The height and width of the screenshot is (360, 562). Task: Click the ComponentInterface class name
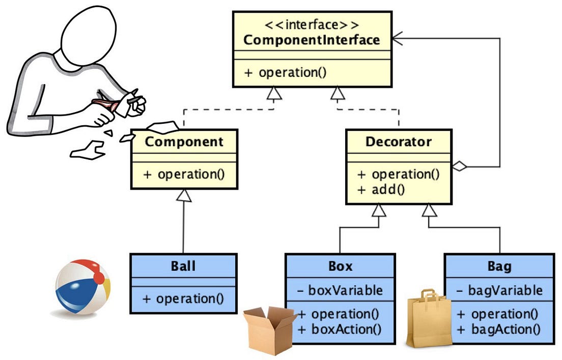tap(312, 40)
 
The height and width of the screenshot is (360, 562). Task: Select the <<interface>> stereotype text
tap(312, 24)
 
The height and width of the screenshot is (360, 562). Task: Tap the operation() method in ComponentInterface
tap(285, 72)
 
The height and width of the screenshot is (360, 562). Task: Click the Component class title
tap(184, 141)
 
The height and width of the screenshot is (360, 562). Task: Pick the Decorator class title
tap(399, 141)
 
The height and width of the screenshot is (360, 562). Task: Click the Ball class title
tap(183, 266)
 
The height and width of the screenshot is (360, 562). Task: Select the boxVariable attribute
tap(340, 290)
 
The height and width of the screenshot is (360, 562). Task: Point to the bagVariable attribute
tap(499, 290)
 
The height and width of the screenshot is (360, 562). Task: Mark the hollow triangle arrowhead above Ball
tap(184, 195)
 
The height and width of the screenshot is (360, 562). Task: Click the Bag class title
tap(499, 266)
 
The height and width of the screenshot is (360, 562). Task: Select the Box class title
tap(340, 266)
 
